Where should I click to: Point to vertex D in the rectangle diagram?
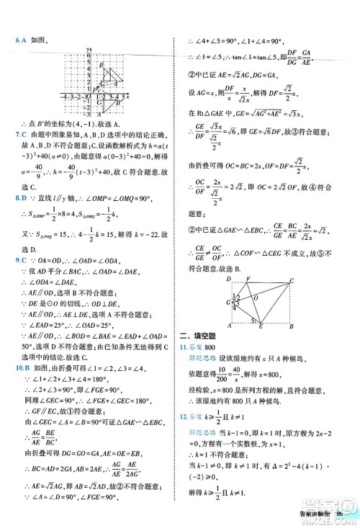[230, 279]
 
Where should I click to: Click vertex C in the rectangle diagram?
[291, 280]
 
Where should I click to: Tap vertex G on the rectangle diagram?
[227, 303]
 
